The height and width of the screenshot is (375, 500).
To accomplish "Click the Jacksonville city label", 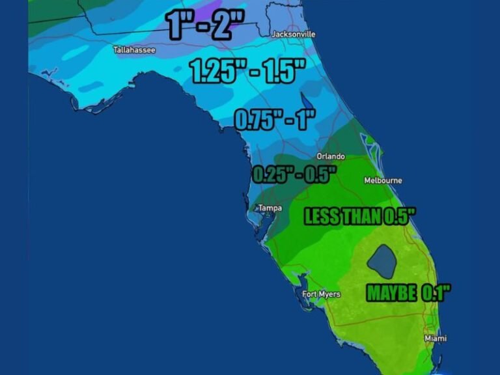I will point(293,34).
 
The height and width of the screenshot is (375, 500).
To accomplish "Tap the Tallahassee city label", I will point(134,49).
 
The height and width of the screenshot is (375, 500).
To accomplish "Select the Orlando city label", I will point(331,156).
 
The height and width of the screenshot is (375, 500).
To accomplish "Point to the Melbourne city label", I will point(383,180).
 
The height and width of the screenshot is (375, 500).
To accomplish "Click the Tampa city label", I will point(270,208).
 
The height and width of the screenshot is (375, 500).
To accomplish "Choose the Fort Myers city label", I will point(322,294).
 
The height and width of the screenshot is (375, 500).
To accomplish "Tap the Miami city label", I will point(436,339).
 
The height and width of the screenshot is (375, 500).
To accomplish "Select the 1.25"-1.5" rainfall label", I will point(247,71).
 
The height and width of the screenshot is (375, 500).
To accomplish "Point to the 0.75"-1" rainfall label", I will point(274,119).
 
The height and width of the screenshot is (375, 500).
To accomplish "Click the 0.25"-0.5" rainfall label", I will point(294,174).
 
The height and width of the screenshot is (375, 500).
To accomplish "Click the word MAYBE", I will point(391,293).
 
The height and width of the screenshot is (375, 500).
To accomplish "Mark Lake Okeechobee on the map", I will point(382,260).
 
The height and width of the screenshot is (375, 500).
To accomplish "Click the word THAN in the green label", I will point(361,217).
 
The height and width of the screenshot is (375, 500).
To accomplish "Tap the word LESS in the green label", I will point(322,217).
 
